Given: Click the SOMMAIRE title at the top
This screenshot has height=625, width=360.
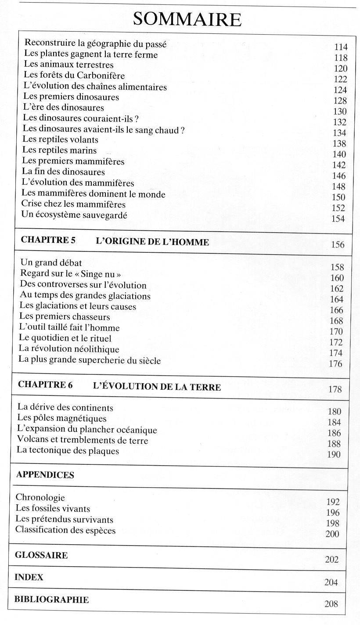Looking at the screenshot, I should point(187,19).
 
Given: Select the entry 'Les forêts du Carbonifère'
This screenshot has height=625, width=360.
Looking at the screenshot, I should point(74,75).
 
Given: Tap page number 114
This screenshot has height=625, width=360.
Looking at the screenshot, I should point(341,47).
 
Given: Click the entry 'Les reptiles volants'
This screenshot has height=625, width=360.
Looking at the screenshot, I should point(61,140).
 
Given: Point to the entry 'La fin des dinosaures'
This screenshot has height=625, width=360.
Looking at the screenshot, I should point(64,172).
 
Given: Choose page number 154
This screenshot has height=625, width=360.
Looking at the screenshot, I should point(338,219).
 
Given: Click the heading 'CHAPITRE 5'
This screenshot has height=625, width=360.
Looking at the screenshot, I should point(48,241).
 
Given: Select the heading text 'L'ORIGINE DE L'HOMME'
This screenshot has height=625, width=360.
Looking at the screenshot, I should point(152,241).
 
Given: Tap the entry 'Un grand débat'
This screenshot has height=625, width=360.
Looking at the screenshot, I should point(51,263).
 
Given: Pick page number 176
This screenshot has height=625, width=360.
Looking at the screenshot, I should point(335,364).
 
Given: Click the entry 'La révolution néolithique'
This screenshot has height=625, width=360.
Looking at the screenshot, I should point(69,349).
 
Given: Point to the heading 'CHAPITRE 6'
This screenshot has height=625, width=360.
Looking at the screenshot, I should point(45,385).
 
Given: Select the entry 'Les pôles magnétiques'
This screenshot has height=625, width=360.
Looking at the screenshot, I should point(61,419).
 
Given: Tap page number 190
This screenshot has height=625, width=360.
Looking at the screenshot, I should point(334,455).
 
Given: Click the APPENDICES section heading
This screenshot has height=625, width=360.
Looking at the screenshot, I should point(45,475).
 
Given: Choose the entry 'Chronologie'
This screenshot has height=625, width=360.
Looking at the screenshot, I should point(40,498).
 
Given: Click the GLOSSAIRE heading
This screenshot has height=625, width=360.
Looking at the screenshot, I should point(41,555).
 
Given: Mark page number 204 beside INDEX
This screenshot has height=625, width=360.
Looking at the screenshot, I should point(331,582).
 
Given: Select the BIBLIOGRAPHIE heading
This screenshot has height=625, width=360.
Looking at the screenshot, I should point(51,600).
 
